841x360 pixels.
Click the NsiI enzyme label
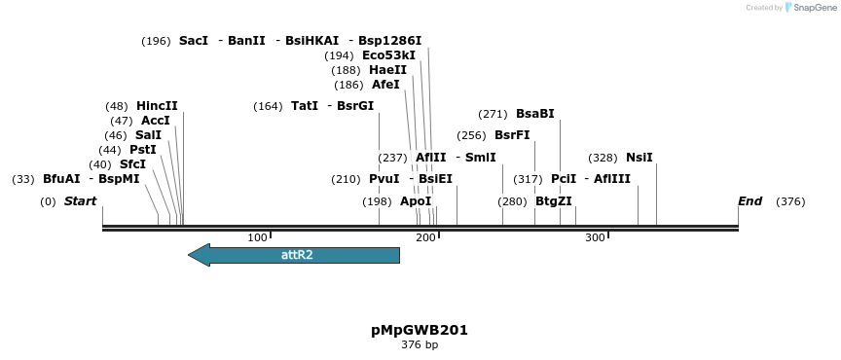639,158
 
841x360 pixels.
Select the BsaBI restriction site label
534,114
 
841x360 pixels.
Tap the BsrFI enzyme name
512,135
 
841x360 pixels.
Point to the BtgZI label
553,201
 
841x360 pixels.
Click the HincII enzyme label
157,106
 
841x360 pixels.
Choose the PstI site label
142,150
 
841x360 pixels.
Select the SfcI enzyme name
132,164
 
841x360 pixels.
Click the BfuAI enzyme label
61,179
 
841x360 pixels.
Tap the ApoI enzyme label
416,201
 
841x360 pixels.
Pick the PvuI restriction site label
384,179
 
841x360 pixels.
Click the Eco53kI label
388,55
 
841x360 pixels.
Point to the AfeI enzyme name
385,85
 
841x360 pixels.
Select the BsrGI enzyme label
355,106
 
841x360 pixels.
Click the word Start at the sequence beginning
80,201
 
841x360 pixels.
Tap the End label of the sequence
750,201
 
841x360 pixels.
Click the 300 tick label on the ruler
595,237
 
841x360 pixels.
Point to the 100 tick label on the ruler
257,237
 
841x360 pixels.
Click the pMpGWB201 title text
420,330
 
